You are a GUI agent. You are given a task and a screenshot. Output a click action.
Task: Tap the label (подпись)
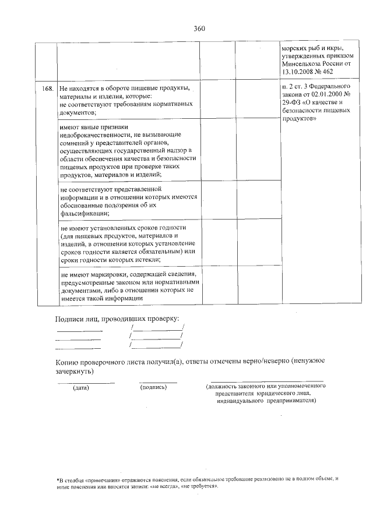click(154, 388)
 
